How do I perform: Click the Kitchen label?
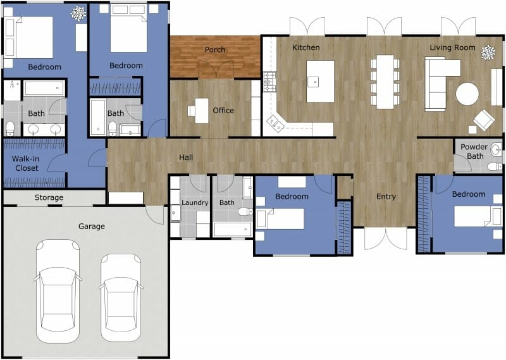(x=306, y=47)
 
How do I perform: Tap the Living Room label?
(x=452, y=47)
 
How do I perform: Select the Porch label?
(x=215, y=50)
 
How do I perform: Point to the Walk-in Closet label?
(x=25, y=164)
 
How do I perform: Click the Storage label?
(x=49, y=198)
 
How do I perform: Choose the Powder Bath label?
(x=473, y=152)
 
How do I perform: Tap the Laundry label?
(x=195, y=203)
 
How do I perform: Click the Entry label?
(x=386, y=197)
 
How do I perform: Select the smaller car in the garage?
(x=121, y=294)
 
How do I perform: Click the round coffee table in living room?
(x=467, y=94)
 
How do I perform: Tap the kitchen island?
(x=320, y=81)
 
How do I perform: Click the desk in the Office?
(x=201, y=111)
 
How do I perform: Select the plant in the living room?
(x=488, y=53)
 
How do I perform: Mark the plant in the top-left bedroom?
(x=78, y=13)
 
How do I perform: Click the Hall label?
(x=186, y=158)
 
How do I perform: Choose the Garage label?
(x=91, y=226)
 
